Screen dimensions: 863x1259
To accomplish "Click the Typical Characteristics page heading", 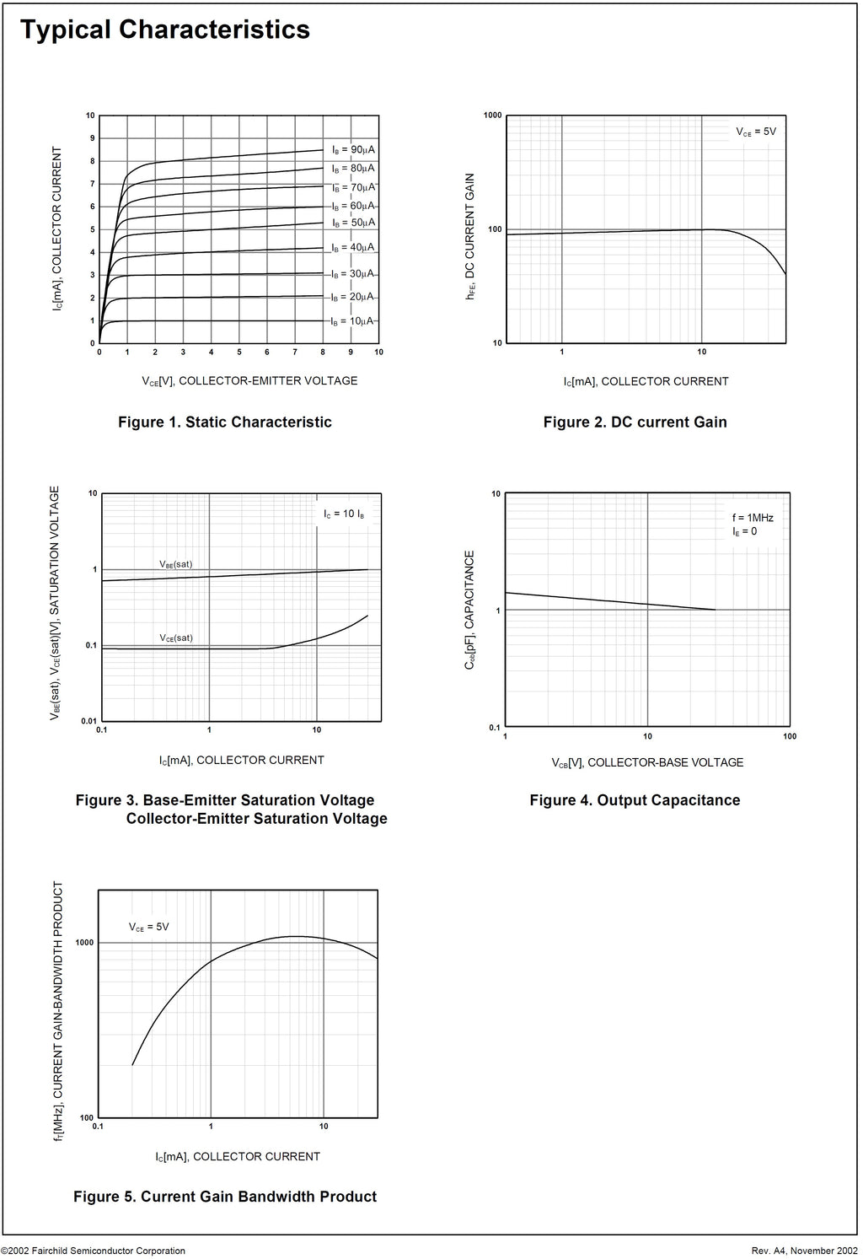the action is (x=164, y=30).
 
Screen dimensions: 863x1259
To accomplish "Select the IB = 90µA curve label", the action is (x=353, y=149).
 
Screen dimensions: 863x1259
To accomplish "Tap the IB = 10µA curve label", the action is (x=353, y=321).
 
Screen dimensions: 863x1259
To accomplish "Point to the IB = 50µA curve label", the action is (x=353, y=223).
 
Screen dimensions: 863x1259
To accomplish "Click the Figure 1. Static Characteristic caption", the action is (x=225, y=422).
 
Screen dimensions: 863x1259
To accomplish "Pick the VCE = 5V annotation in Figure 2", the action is (x=756, y=132).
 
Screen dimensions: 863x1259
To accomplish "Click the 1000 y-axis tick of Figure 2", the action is (x=492, y=116).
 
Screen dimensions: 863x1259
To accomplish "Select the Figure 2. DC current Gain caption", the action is (x=635, y=422).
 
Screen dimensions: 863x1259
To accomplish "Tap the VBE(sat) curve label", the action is (x=176, y=564).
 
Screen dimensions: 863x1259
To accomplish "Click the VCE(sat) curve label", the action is (x=176, y=638).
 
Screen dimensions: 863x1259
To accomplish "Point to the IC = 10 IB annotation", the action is (x=344, y=514).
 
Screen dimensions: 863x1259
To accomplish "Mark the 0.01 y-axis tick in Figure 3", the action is (x=88, y=721).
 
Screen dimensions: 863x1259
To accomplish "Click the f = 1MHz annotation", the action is (x=753, y=518).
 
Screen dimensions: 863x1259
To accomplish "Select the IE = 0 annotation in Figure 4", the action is (x=744, y=532).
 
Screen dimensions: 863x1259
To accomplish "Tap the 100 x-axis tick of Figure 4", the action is (x=790, y=736).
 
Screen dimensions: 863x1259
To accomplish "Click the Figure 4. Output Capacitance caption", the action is (x=635, y=800).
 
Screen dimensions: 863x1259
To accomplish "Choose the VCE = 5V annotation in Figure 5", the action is (x=149, y=927).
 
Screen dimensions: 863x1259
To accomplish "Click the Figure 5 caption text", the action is (x=225, y=1196).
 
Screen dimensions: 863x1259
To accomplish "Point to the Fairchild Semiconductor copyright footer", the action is (x=93, y=1251).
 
